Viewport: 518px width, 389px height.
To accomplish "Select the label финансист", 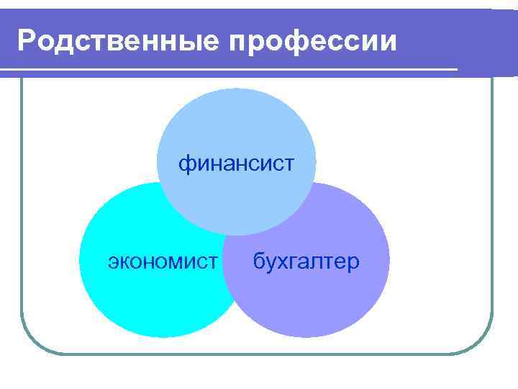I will tap(237, 164).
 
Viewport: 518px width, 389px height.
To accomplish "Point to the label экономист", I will tap(162, 261).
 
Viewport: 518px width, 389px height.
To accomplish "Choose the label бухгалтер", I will tap(306, 261).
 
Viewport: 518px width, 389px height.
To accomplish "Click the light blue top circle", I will tap(237, 122).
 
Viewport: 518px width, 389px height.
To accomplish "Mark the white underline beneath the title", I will tap(230, 70).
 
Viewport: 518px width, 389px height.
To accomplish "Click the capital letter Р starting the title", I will tap(27, 41).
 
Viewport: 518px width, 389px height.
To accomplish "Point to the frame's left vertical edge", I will tap(22, 216).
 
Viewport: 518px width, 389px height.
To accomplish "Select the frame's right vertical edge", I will tap(493, 216).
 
